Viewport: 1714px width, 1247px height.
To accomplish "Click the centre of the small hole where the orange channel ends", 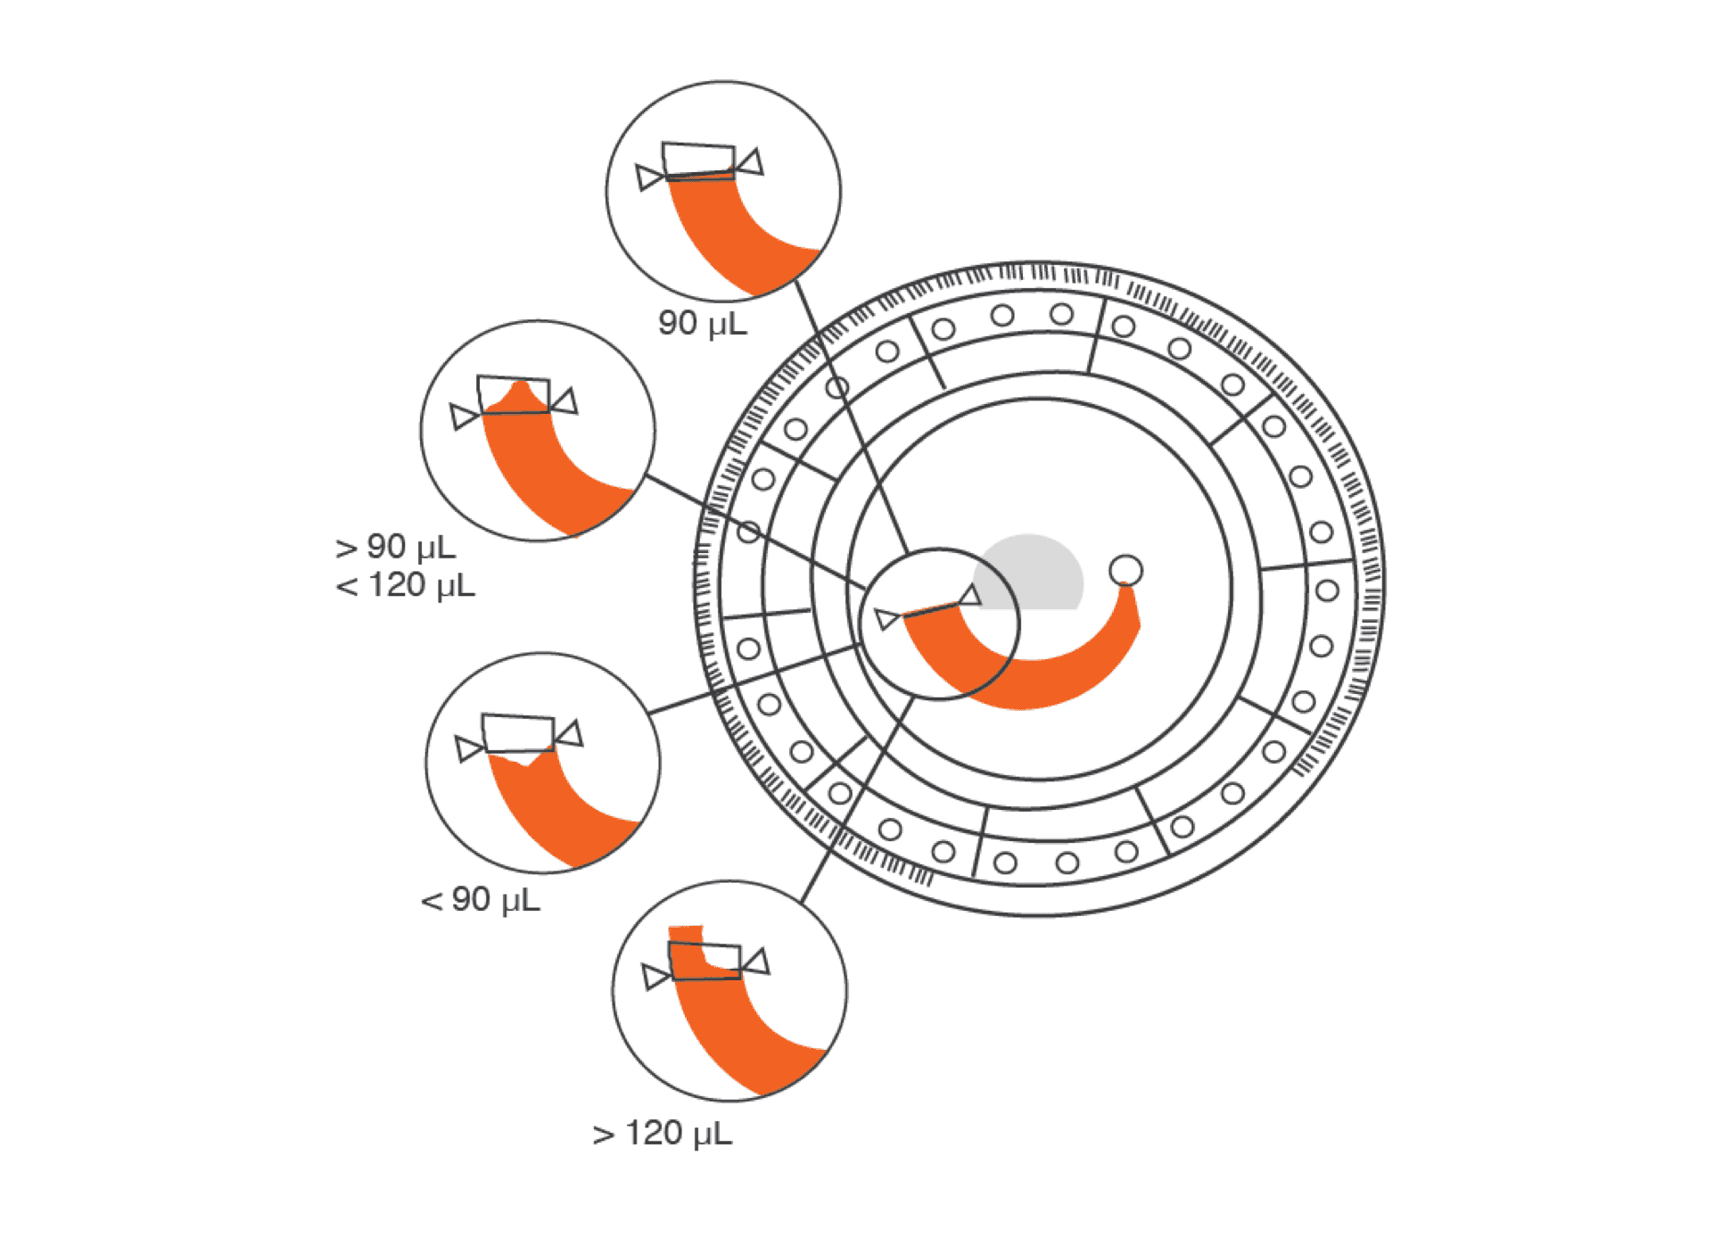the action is (1125, 570).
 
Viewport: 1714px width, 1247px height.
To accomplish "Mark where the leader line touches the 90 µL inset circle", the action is (795, 281).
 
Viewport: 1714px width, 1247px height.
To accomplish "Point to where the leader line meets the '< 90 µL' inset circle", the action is (648, 714).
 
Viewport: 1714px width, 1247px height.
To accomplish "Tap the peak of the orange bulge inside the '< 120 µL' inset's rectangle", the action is (520, 383).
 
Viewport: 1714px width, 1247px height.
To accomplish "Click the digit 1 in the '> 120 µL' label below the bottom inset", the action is (632, 1133).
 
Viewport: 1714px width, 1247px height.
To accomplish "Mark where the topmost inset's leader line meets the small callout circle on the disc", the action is (907, 553).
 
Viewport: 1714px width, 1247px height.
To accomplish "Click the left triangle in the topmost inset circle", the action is (649, 177).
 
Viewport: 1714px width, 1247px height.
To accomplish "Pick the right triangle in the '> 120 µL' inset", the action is (756, 962).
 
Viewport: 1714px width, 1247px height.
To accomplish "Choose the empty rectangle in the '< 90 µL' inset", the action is (518, 733).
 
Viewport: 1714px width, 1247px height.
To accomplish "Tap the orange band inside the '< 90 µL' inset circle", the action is (557, 812).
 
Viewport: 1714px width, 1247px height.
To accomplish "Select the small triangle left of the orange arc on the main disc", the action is (886, 618).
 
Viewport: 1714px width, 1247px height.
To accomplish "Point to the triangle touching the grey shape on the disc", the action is (969, 596).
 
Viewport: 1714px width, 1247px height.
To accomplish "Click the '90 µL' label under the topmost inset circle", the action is (703, 323).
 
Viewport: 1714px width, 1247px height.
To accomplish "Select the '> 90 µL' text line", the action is (395, 546).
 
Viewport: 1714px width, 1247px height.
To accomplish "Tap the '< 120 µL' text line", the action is (405, 585).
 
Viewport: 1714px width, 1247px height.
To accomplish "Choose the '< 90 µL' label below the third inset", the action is (481, 899).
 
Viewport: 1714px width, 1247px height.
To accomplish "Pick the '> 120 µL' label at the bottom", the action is (663, 1133).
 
